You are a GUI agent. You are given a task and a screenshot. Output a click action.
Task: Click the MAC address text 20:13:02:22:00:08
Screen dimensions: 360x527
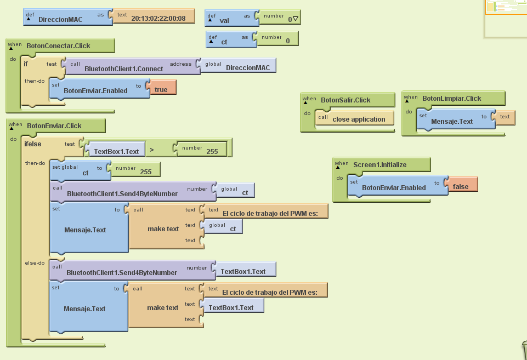point(158,19)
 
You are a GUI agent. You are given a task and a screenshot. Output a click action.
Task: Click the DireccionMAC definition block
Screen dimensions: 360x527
point(60,19)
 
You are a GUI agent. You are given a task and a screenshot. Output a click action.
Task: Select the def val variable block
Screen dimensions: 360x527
point(224,20)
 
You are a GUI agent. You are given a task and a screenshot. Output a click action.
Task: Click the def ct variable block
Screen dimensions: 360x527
point(224,41)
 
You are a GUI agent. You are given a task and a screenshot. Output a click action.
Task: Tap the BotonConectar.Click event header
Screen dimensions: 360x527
point(58,45)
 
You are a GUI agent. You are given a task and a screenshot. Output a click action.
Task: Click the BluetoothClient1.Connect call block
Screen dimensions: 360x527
point(123,68)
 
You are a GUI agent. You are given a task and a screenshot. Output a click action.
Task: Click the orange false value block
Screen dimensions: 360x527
point(461,186)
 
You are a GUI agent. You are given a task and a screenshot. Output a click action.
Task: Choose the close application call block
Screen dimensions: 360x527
point(359,119)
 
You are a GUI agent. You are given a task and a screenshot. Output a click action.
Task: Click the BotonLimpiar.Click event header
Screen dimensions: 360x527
point(451,98)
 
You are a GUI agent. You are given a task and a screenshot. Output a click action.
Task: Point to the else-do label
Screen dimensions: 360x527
point(35,262)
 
